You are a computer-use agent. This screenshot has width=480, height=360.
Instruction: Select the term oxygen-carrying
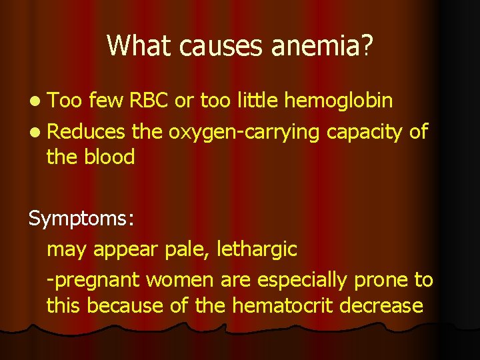point(245,133)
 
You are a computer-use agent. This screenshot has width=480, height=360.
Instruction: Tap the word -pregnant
point(93,281)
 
